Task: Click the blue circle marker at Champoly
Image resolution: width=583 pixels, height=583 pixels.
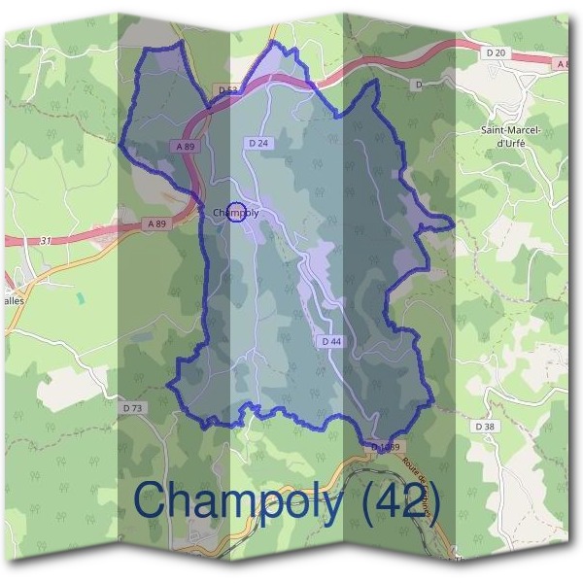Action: point(235,213)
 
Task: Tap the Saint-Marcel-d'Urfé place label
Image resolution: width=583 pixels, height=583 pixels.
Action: point(510,135)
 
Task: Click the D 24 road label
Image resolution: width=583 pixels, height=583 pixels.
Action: point(258,144)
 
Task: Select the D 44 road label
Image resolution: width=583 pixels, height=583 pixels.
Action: point(331,341)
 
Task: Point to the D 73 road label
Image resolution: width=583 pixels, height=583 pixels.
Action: point(133,408)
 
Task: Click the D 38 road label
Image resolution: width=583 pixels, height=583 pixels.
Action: point(485,427)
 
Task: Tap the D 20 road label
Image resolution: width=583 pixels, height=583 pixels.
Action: point(495,51)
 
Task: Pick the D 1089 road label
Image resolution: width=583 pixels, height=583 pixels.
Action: point(386,447)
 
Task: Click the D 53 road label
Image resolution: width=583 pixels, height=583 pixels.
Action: point(228,90)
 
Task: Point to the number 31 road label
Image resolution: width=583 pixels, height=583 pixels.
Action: point(46,241)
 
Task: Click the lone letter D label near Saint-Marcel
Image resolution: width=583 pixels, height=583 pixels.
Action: point(418,85)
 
